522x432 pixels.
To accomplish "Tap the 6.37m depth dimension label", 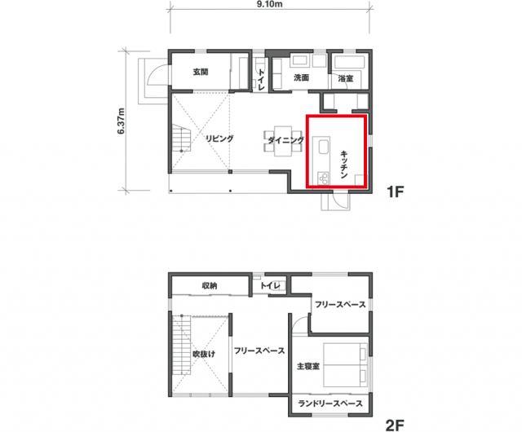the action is pyautogui.click(x=121, y=121).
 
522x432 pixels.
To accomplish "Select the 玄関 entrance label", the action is pyautogui.click(x=201, y=72).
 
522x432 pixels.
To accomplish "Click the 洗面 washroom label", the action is pyautogui.click(x=301, y=77).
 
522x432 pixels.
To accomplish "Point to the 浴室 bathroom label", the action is pyautogui.click(x=346, y=78).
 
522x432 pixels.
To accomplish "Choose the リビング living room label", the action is pyautogui.click(x=219, y=139).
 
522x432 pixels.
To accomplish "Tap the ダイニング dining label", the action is pyautogui.click(x=286, y=140).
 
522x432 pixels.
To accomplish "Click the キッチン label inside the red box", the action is pyautogui.click(x=344, y=165).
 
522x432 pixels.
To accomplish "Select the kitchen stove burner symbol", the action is pyautogui.click(x=323, y=179).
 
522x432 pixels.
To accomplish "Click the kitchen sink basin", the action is pyautogui.click(x=324, y=147).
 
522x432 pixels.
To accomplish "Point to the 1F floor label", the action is pyautogui.click(x=395, y=192).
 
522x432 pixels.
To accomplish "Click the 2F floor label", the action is pyautogui.click(x=395, y=425).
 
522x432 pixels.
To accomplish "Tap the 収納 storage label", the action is pyautogui.click(x=210, y=285).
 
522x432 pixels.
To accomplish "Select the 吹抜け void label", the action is pyautogui.click(x=205, y=354).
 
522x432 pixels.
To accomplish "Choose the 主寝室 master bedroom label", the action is pyautogui.click(x=308, y=367).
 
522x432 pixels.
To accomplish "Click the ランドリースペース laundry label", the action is pyautogui.click(x=330, y=403).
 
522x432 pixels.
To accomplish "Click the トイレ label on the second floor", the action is pyautogui.click(x=270, y=285).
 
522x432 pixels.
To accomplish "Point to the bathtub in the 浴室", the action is pyautogui.click(x=349, y=63).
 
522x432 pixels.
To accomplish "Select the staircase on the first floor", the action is pyautogui.click(x=182, y=138).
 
